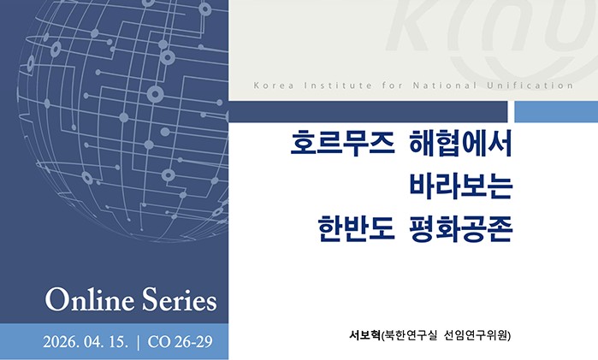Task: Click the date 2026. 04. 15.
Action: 86,343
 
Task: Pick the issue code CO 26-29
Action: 181,343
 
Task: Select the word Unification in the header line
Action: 527,86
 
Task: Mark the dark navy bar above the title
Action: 369,111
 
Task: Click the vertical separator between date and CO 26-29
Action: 138,343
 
